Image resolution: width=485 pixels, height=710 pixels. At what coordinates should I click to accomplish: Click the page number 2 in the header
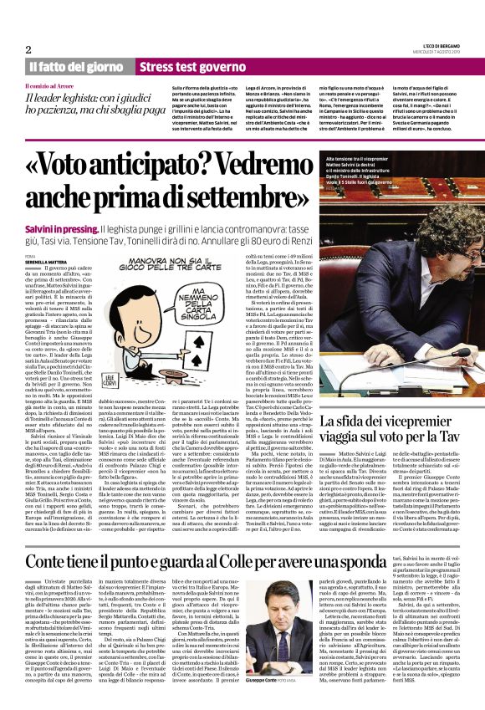tap(28, 49)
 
